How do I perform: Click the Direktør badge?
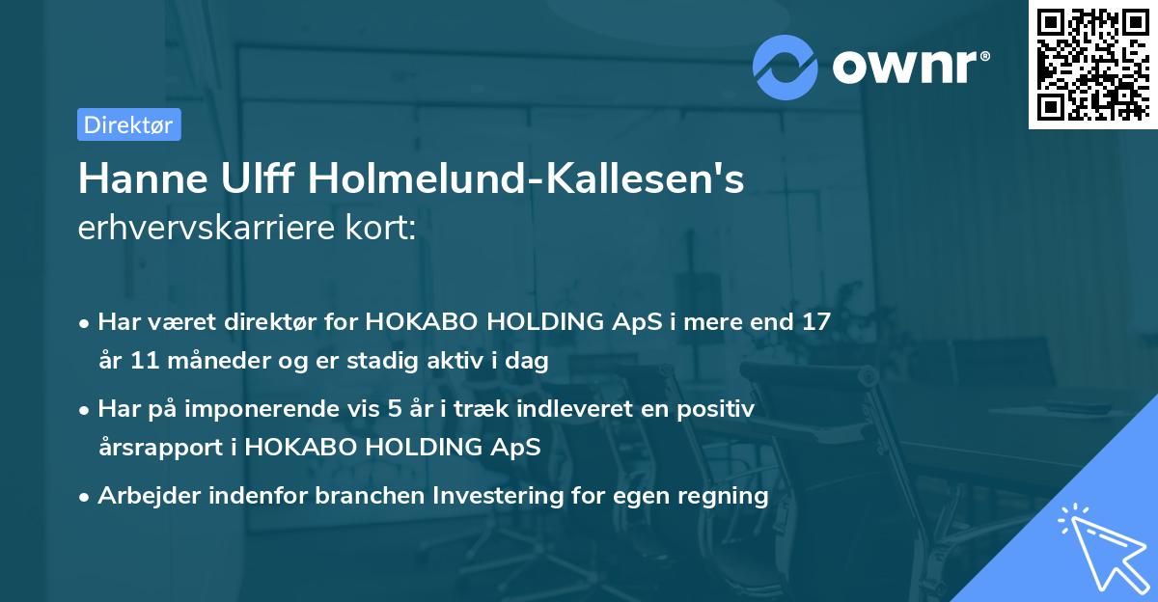128,124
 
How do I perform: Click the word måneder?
205,362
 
